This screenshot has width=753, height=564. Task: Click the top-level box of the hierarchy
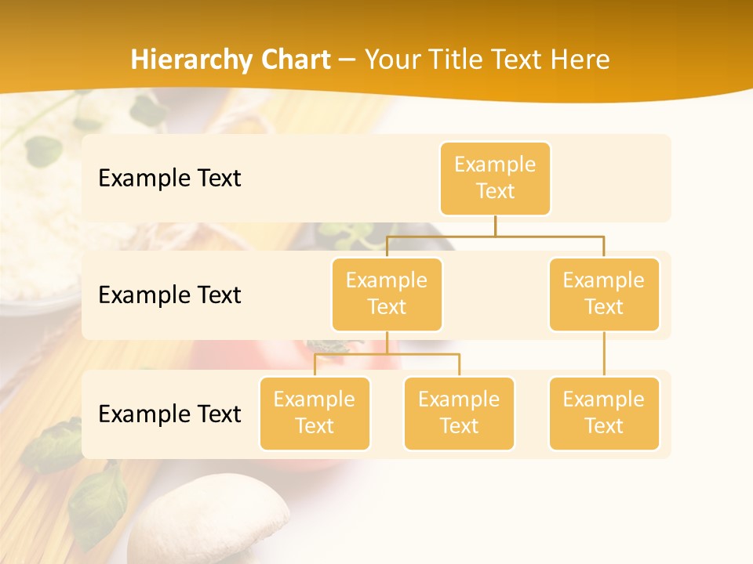coord(495,179)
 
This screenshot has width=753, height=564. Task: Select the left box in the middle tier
coord(387,294)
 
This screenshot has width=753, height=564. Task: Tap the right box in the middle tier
coord(604,294)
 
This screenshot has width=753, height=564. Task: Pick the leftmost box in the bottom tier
coord(315,413)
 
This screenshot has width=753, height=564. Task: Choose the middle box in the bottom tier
coord(459,413)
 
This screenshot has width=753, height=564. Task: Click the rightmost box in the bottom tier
coord(604,413)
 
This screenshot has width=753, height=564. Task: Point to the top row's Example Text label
coord(169,179)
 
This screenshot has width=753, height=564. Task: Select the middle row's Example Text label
coord(169,295)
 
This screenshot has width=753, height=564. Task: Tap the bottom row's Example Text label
coord(169,414)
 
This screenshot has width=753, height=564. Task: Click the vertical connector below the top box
coord(495,226)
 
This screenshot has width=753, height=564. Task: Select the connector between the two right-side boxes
coord(604,354)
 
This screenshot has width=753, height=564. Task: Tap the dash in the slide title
coord(347,60)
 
